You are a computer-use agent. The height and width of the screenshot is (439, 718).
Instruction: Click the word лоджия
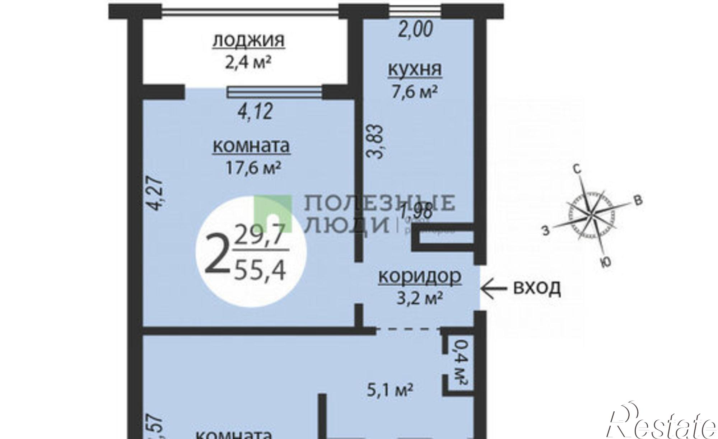click(249, 40)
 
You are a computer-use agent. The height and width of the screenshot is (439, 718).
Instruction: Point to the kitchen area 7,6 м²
click(414, 92)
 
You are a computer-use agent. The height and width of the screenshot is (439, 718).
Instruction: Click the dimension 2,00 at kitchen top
click(416, 29)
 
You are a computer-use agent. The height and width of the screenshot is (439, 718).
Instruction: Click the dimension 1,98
click(416, 210)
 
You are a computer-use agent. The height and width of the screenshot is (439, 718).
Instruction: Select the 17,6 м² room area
click(253, 167)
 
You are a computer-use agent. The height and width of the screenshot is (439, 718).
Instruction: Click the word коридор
click(420, 276)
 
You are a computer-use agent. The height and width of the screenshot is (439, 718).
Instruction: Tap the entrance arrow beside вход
click(493, 288)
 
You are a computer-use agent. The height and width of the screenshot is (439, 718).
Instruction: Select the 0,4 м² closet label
click(460, 365)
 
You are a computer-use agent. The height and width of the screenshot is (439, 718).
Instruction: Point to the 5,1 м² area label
click(390, 389)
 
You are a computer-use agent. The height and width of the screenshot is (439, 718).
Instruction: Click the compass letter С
click(577, 170)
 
